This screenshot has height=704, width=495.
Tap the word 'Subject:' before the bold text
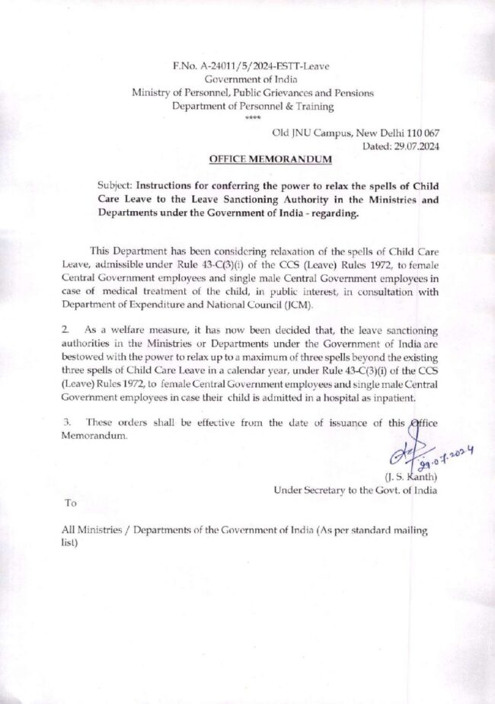tap(116, 185)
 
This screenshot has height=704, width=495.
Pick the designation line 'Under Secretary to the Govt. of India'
tap(355, 491)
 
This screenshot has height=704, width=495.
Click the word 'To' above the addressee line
tap(71, 504)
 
